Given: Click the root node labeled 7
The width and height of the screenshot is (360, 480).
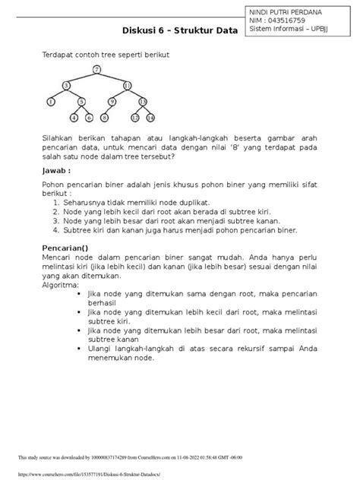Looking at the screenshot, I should click(x=96, y=70).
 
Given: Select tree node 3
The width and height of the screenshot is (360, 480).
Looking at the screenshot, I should click(x=67, y=85).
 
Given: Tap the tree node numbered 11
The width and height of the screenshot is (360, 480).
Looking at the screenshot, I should click(x=126, y=85).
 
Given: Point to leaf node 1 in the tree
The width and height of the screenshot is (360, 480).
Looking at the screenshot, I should click(x=51, y=101).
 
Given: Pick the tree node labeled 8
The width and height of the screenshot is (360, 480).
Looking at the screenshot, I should click(x=105, y=118).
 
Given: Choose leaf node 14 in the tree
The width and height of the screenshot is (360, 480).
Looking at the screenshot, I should click(x=150, y=118).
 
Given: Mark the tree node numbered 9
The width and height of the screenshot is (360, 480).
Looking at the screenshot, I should click(x=112, y=101).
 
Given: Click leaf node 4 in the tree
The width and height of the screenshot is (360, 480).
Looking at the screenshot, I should click(x=74, y=118).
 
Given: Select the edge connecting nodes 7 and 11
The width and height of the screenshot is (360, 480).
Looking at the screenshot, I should click(x=112, y=77).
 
